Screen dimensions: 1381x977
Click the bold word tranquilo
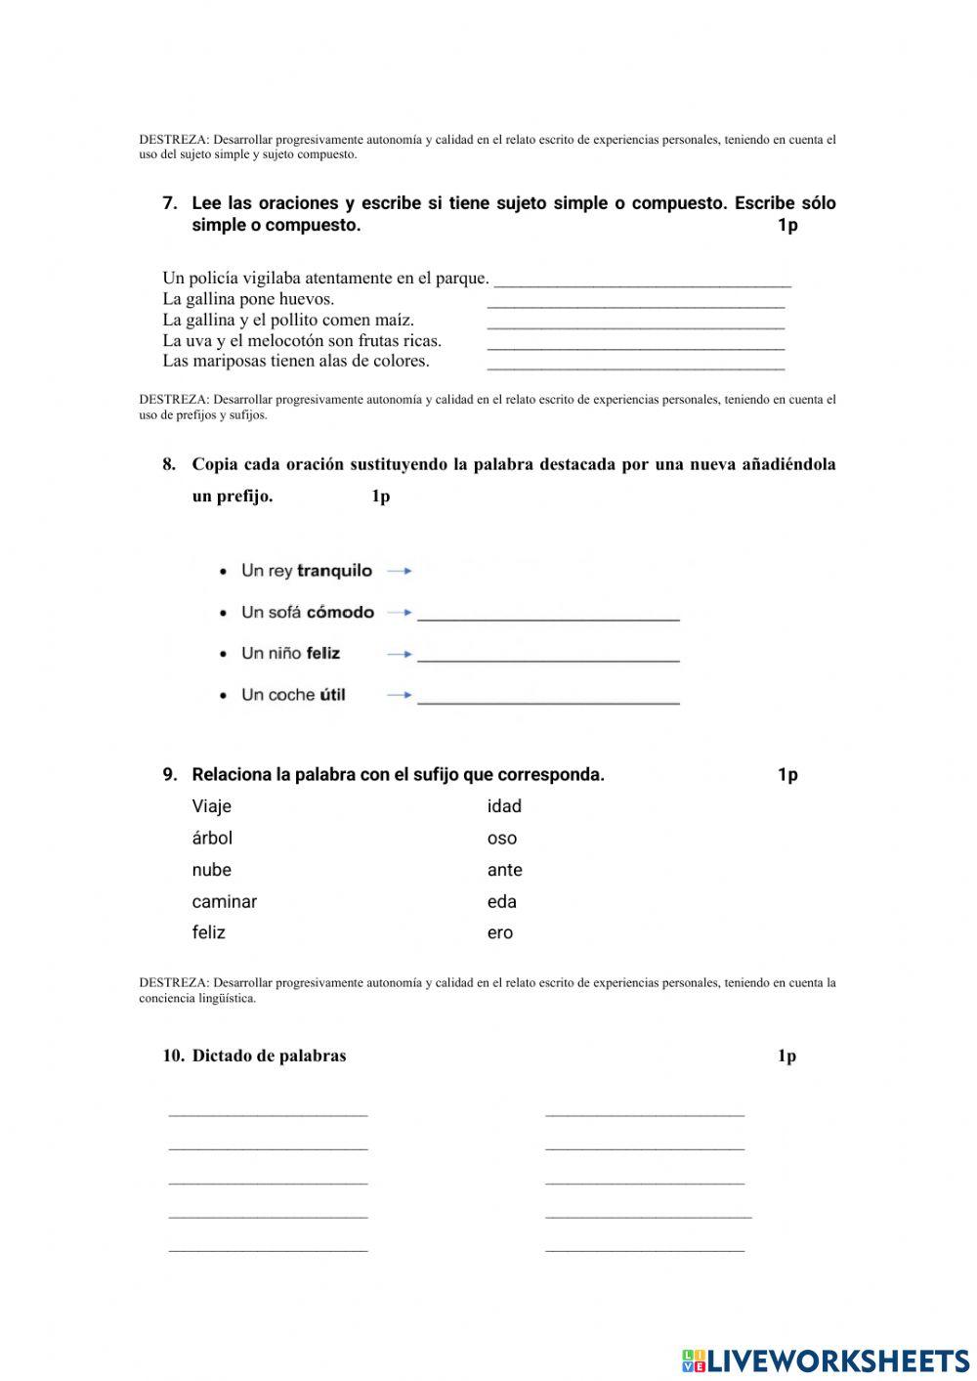[334, 571]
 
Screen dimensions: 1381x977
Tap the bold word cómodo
[340, 613]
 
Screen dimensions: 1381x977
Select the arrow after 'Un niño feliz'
[400, 654]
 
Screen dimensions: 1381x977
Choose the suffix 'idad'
[504, 806]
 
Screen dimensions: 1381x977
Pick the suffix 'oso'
[502, 839]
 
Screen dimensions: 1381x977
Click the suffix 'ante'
[504, 870]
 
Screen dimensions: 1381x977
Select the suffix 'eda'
[501, 902]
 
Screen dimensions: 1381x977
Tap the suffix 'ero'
[499, 933]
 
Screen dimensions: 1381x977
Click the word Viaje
[211, 806]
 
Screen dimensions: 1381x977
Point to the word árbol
[212, 838]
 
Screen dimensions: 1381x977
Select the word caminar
[224, 902]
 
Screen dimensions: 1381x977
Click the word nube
[211, 870]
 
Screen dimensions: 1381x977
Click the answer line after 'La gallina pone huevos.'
[635, 305]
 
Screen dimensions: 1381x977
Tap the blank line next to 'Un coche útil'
[547, 699]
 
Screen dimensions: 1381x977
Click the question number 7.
[170, 203]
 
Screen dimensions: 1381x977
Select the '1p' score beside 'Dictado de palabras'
[786, 1056]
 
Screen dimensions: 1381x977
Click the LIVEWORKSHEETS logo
[826, 1359]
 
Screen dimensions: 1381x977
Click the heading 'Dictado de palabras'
[269, 1056]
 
